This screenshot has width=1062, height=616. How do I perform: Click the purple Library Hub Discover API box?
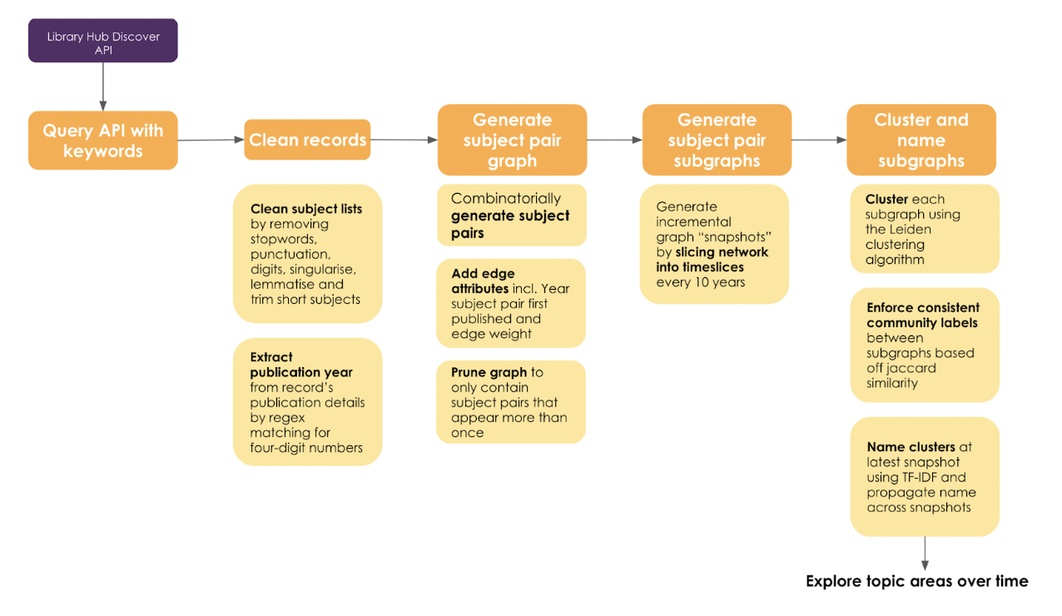(103, 41)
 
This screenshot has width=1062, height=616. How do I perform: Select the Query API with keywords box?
(103, 141)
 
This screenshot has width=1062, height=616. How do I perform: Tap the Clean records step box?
(307, 140)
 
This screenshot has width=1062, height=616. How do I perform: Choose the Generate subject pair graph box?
(512, 140)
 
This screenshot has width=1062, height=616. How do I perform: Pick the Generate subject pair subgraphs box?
(717, 140)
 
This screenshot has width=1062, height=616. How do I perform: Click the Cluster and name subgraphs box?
(921, 140)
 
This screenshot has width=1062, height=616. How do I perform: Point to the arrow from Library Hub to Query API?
(103, 87)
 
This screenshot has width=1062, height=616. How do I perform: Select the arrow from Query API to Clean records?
(211, 140)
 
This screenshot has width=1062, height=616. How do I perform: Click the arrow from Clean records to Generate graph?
(404, 140)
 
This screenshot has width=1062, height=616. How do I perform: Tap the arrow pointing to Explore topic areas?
(925, 553)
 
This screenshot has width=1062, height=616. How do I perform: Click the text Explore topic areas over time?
(916, 581)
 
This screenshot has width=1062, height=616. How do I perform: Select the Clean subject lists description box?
(307, 254)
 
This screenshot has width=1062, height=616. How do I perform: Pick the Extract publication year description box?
(307, 402)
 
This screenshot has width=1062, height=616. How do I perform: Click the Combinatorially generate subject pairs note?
(511, 216)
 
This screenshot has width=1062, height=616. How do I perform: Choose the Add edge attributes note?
(511, 304)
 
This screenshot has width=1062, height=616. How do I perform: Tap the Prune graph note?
(511, 402)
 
